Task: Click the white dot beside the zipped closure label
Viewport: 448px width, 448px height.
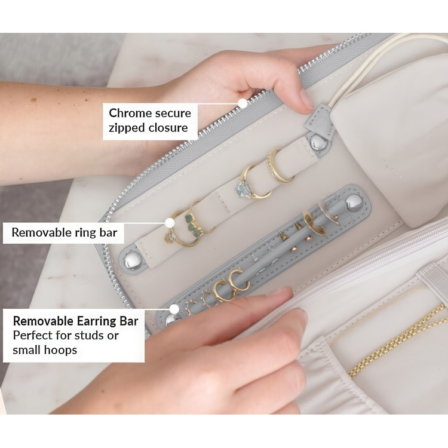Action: [243, 103]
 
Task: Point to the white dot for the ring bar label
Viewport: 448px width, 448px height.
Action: [170, 222]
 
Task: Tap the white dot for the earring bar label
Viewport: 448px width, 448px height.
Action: [174, 309]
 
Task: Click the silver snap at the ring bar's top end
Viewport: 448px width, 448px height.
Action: [318, 142]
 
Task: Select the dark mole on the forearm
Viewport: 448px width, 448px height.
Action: [33, 100]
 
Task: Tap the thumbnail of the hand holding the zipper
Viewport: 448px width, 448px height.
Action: [307, 99]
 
